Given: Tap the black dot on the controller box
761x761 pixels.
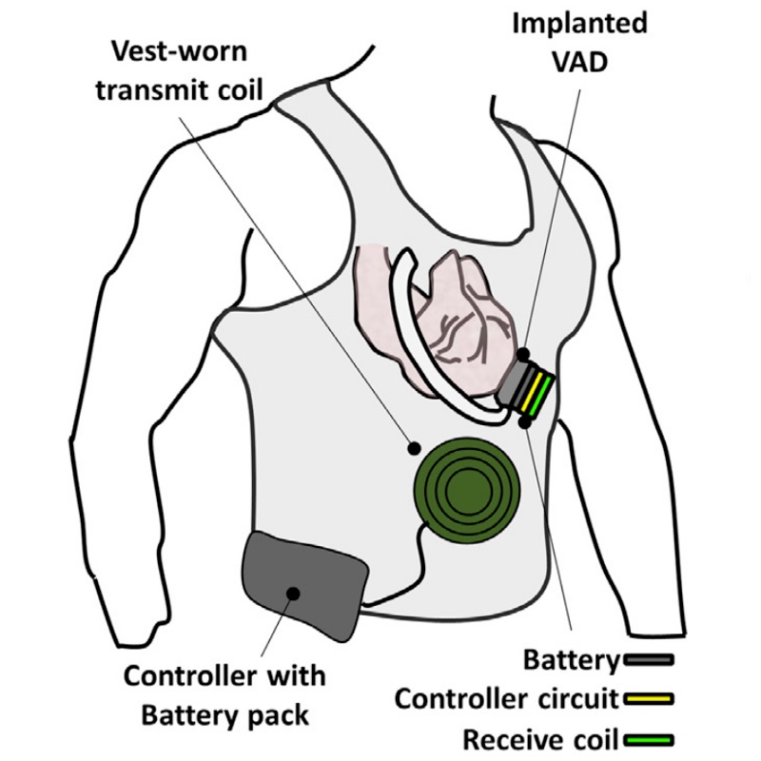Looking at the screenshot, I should (293, 593).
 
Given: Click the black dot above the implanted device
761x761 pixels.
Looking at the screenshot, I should (524, 354).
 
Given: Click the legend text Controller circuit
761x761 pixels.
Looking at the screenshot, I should (507, 699).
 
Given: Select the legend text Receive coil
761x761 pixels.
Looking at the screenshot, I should (539, 739).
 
